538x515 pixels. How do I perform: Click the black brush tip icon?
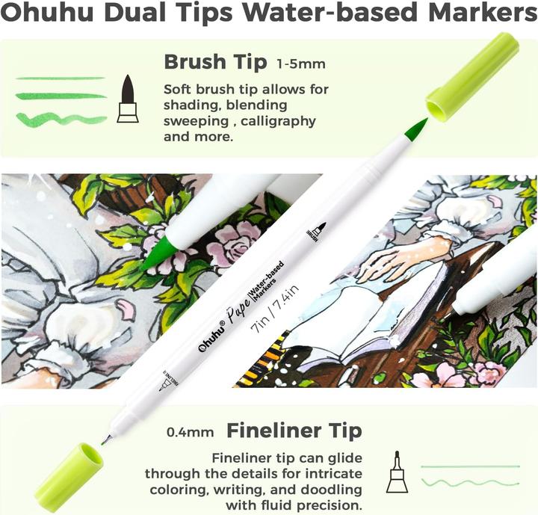point(128,98)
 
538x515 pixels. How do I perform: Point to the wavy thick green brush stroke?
point(61,119)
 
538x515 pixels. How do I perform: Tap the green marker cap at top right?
point(472,76)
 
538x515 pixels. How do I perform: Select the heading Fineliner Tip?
point(294,431)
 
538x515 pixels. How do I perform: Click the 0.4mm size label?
point(191,432)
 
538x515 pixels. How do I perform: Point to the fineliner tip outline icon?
point(398,472)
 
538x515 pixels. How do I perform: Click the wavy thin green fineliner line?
point(470,484)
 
